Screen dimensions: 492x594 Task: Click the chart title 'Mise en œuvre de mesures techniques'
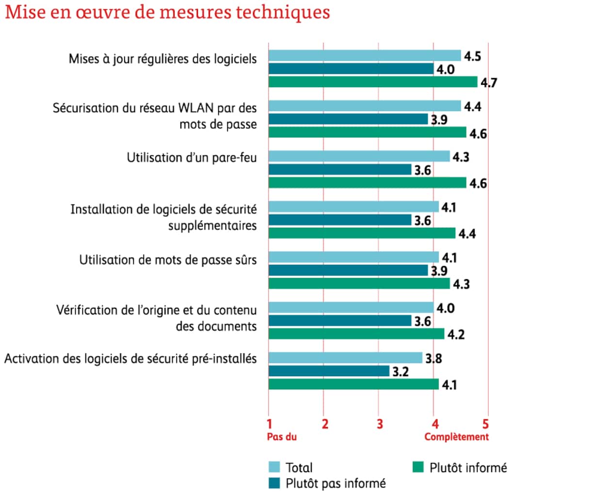[x=167, y=13]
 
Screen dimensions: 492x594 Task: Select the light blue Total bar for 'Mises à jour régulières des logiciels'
[x=364, y=56]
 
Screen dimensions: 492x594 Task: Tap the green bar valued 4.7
[x=372, y=82]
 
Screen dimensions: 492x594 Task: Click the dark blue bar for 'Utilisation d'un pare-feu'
[x=339, y=170]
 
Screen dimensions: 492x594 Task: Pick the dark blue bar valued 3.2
[x=329, y=371]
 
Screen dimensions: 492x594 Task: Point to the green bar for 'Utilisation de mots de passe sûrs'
[x=359, y=284]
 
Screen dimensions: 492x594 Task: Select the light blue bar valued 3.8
[x=345, y=358]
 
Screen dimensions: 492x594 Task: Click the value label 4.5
[x=472, y=56]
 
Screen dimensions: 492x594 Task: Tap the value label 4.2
[x=456, y=334]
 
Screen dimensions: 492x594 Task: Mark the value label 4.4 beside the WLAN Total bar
[x=472, y=106]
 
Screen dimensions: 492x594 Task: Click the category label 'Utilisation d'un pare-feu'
[x=192, y=158]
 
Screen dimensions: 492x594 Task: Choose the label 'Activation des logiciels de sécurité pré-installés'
[x=130, y=359]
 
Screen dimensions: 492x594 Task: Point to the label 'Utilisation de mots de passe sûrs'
[x=168, y=260]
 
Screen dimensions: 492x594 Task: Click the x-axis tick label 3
[x=380, y=424]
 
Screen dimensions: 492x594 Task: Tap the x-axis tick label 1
[x=270, y=424]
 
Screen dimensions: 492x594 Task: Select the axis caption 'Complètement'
[x=456, y=437]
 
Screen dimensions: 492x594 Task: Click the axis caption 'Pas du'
[x=282, y=437]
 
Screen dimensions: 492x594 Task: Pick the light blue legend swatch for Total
[x=274, y=467]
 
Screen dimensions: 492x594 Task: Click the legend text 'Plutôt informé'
[x=468, y=468]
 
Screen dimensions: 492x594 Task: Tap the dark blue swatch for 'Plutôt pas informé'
[x=274, y=483]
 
